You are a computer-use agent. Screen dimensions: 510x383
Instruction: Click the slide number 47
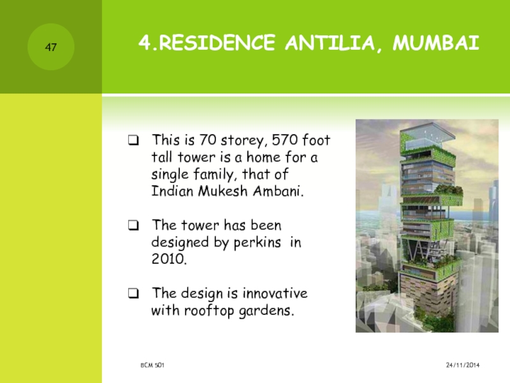click(x=51, y=47)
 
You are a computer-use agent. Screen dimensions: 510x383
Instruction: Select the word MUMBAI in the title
click(x=436, y=43)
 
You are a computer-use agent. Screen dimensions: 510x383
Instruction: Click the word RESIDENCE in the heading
click(x=217, y=43)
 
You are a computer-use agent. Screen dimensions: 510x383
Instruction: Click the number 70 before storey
click(x=208, y=140)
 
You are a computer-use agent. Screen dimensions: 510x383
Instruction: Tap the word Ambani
click(x=278, y=191)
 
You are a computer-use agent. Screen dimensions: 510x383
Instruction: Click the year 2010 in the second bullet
click(x=169, y=259)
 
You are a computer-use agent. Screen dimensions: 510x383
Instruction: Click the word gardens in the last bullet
click(x=266, y=311)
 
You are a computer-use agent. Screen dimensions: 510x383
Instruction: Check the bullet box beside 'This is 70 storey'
click(x=133, y=140)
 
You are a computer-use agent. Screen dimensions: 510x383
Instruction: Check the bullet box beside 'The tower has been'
click(x=133, y=225)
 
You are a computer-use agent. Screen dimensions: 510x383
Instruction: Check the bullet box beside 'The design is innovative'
click(x=133, y=294)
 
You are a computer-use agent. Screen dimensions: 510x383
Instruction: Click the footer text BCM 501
click(x=152, y=365)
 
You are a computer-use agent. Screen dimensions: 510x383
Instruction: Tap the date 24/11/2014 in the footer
click(x=463, y=365)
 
